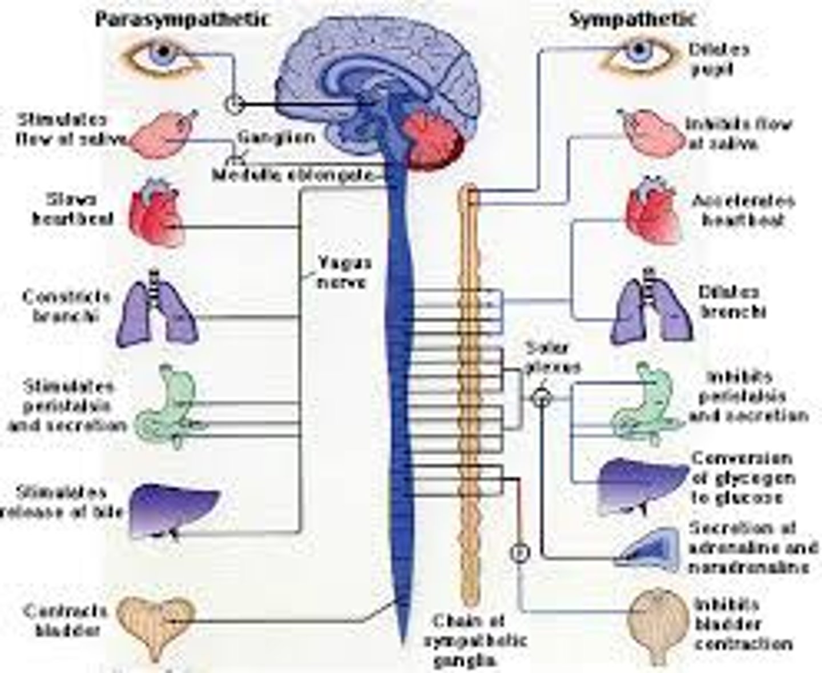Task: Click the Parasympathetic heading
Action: (181, 19)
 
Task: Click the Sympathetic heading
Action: (632, 19)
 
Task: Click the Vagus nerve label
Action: (344, 272)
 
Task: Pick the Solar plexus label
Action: (551, 357)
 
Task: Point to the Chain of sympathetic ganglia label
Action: (474, 640)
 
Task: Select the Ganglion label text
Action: (276, 138)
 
